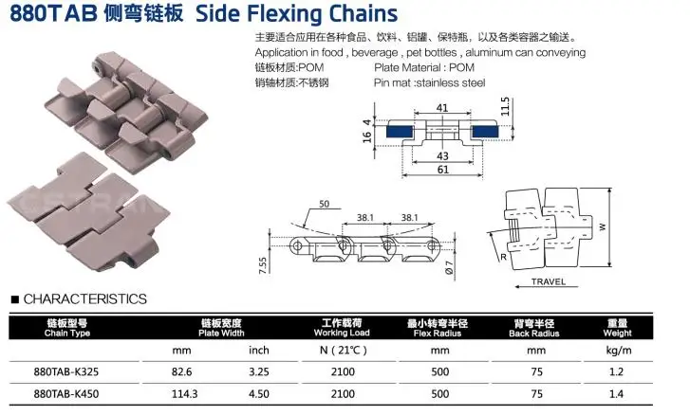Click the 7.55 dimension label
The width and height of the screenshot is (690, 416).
pos(262,264)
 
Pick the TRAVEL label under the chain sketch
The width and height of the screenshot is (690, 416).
pos(548,281)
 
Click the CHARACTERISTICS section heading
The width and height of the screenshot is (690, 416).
pos(84,298)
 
